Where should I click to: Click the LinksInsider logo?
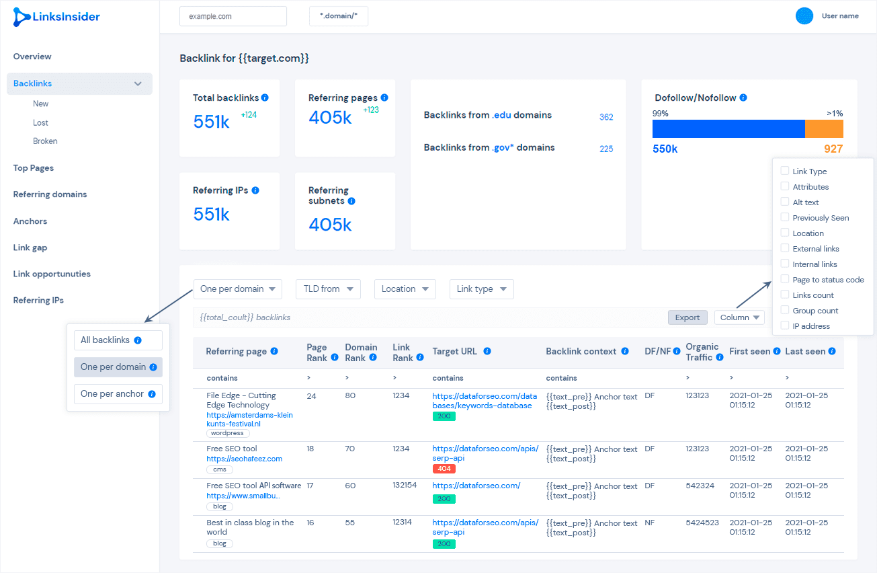(56, 17)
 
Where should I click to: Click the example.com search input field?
(233, 16)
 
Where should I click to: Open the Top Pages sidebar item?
(34, 168)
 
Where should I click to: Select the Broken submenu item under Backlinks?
(45, 141)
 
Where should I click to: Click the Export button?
(687, 317)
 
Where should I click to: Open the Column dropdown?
(739, 317)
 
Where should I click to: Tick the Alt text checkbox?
(784, 202)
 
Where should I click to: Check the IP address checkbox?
(784, 326)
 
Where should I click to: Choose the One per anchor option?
(118, 394)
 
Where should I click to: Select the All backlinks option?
(118, 340)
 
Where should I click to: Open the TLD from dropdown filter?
(328, 289)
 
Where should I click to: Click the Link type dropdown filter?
(481, 289)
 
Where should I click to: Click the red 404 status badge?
(444, 469)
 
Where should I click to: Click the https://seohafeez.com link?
(244, 459)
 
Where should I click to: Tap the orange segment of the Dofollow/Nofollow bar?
(824, 128)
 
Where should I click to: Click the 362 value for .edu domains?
(606, 117)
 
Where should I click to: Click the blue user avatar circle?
(804, 16)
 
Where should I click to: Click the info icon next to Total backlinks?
(265, 98)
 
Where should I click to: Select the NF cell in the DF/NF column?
(650, 523)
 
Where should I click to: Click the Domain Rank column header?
(361, 352)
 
